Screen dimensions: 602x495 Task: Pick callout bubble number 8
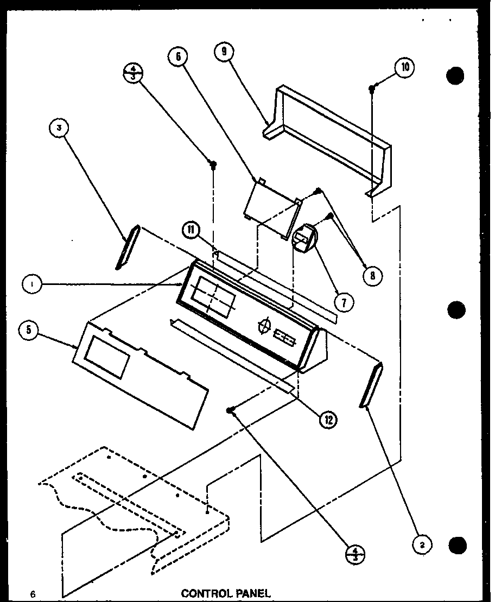[372, 275]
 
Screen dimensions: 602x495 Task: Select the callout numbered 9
[223, 52]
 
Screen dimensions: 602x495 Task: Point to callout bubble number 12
[327, 419]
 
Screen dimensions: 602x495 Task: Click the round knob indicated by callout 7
[304, 237]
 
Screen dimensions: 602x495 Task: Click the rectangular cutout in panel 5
[109, 357]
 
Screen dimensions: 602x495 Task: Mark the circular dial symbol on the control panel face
[264, 326]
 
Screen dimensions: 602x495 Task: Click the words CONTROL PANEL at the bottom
[225, 593]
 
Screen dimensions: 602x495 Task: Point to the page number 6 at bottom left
[33, 594]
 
